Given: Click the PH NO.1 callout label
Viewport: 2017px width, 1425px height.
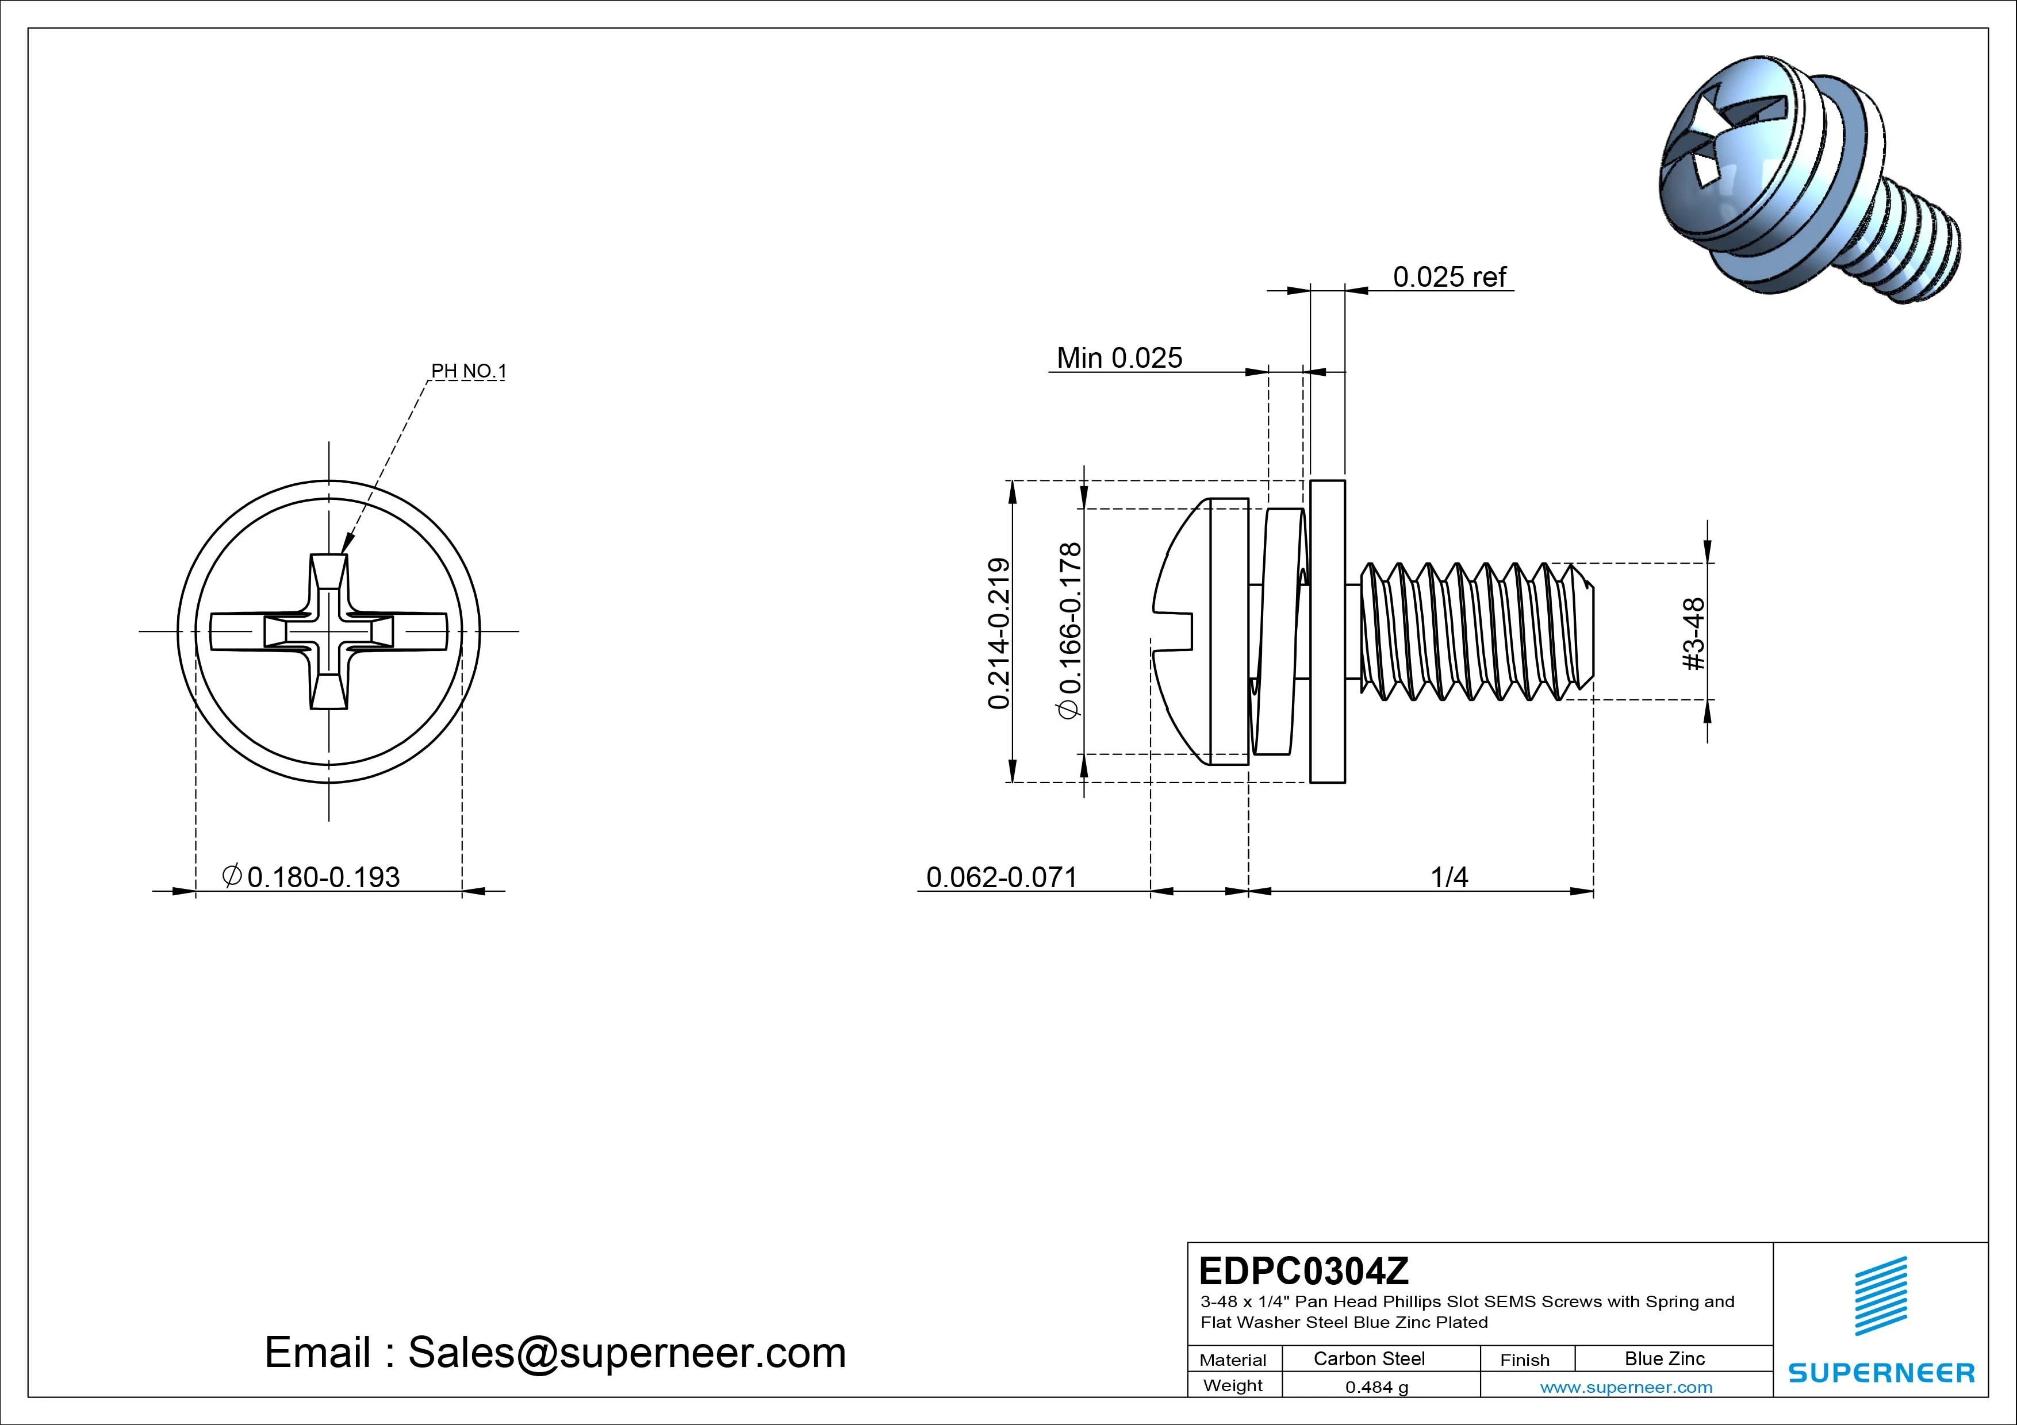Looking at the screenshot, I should (468, 371).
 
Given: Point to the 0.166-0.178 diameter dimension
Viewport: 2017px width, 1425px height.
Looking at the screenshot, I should (1070, 630).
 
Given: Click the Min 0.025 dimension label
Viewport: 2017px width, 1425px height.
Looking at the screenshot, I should (1119, 358).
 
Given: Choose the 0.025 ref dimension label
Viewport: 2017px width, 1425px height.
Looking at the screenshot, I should (1450, 278).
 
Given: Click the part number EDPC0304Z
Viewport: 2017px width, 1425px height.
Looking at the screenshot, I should (1303, 1270).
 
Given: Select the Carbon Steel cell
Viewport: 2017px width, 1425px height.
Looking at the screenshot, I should (1368, 1358).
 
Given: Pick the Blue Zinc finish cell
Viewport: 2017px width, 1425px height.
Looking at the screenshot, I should (1665, 1358).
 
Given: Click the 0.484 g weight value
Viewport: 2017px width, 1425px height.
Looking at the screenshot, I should (1376, 1387).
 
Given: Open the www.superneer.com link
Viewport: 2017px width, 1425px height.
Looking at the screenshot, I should (1626, 1387).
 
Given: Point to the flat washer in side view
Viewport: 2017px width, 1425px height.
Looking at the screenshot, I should (1328, 631).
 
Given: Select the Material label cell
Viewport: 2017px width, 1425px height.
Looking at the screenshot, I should (1233, 1359).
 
